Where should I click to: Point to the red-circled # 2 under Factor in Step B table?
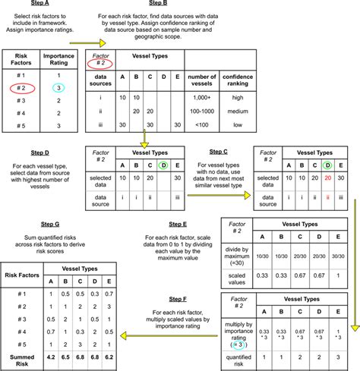tap(101, 65)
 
